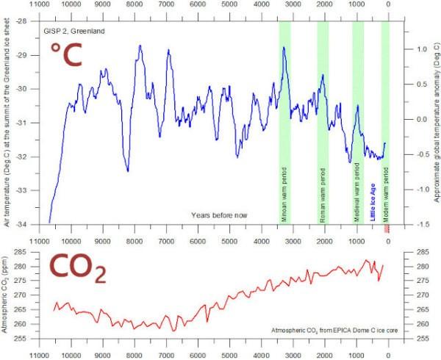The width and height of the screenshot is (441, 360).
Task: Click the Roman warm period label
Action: point(323,195)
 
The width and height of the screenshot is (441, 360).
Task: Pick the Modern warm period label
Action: point(387,196)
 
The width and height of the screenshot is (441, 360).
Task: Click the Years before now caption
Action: point(219,215)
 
